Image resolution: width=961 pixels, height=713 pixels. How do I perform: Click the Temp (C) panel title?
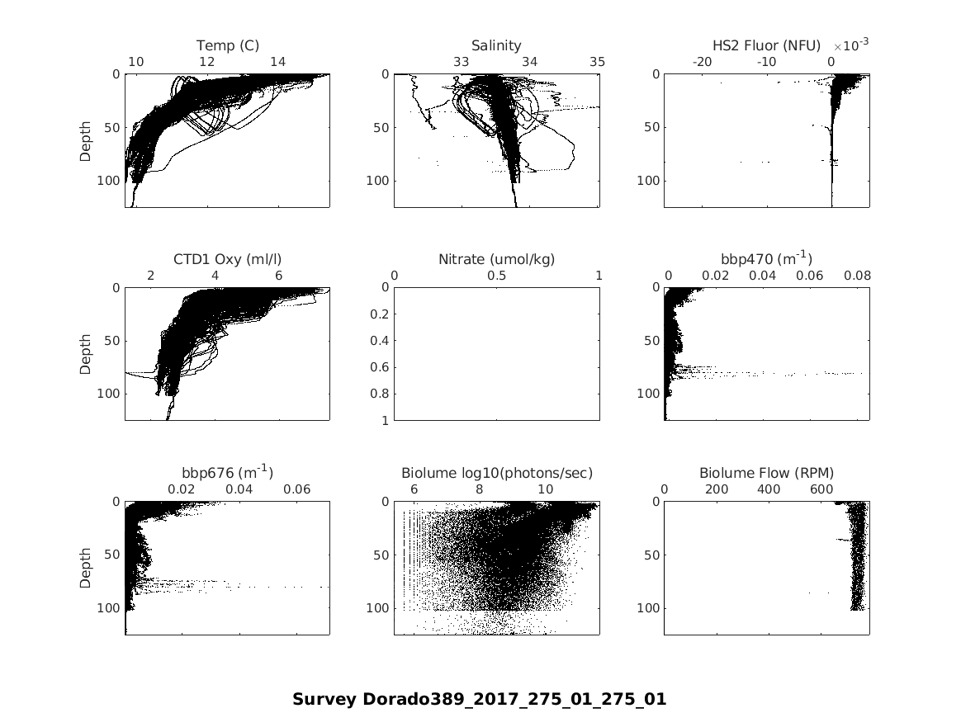(x=227, y=45)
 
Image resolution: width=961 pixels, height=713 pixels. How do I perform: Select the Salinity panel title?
(x=496, y=45)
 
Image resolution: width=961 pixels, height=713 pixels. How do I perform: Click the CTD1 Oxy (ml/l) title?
(x=227, y=259)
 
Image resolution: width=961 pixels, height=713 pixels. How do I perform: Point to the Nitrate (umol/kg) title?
(x=496, y=259)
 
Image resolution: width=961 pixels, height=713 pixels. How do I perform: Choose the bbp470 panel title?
(x=766, y=259)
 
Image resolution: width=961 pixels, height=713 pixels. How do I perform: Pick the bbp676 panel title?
(x=227, y=473)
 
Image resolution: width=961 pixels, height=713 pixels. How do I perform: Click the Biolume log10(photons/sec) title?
(x=496, y=473)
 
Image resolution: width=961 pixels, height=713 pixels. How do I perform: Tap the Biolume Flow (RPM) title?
(x=766, y=473)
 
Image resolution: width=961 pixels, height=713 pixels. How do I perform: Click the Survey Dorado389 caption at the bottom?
(x=479, y=699)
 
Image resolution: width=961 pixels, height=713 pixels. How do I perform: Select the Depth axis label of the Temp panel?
(x=86, y=140)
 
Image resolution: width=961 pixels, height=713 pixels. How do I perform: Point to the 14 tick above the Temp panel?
(x=278, y=62)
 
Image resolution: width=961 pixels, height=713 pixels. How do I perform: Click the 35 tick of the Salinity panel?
(x=598, y=62)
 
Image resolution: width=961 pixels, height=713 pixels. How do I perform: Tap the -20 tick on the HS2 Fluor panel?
(x=702, y=62)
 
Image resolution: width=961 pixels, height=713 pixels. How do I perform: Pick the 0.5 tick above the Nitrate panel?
(x=496, y=276)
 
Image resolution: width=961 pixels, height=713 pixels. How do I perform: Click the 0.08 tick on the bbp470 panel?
(x=857, y=276)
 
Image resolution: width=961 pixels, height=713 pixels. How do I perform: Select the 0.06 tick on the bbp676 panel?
(x=297, y=489)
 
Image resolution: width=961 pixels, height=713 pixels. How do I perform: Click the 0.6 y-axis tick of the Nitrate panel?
(x=381, y=367)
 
